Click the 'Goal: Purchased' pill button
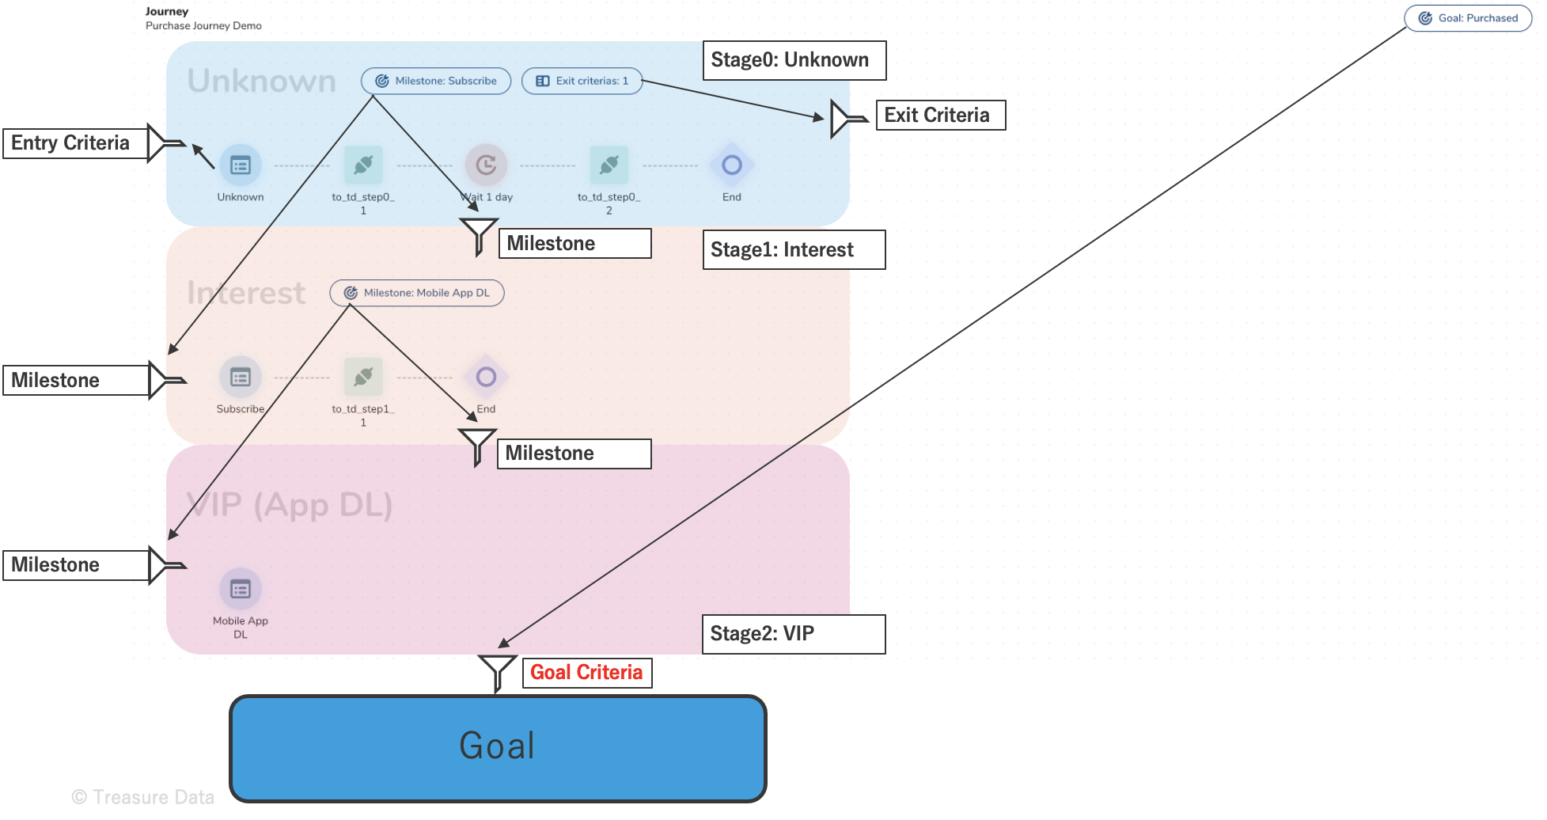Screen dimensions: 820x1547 pyautogui.click(x=1468, y=18)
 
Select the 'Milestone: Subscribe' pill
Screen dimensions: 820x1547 pyautogui.click(x=436, y=81)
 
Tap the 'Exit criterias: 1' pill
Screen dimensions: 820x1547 pyautogui.click(x=582, y=81)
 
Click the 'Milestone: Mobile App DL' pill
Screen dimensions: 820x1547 pyautogui.click(x=417, y=293)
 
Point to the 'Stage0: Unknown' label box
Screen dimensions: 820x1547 pyautogui.click(x=794, y=60)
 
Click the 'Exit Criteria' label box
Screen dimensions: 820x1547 pyautogui.click(x=940, y=116)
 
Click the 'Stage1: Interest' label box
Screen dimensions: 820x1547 pyautogui.click(x=794, y=250)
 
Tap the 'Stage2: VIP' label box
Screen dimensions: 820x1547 pyautogui.click(x=794, y=634)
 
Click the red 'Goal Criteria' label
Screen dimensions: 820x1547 pyautogui.click(x=587, y=673)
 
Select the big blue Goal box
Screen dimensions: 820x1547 pyautogui.click(x=498, y=747)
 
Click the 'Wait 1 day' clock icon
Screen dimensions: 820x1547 pyautogui.click(x=486, y=165)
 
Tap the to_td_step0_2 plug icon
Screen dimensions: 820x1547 pyautogui.click(x=609, y=165)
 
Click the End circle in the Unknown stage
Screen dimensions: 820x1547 pyautogui.click(x=732, y=165)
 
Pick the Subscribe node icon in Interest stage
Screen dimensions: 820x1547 pyautogui.click(x=241, y=377)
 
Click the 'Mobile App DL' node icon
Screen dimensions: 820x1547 pyautogui.click(x=241, y=589)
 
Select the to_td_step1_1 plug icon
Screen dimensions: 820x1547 pyautogui.click(x=363, y=377)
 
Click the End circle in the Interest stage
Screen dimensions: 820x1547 pyautogui.click(x=486, y=377)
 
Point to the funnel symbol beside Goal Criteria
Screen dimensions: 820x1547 pyautogui.click(x=497, y=671)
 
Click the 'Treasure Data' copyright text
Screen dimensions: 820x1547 pyautogui.click(x=143, y=797)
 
